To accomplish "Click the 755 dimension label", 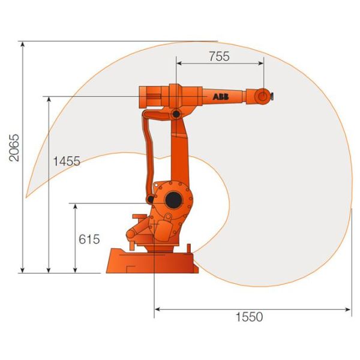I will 219,56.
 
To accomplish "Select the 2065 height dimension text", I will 14,148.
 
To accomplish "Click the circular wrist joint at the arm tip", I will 263,95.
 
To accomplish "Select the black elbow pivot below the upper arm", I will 176,113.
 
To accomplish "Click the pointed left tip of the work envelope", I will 26,197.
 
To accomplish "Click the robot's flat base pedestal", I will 152,262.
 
